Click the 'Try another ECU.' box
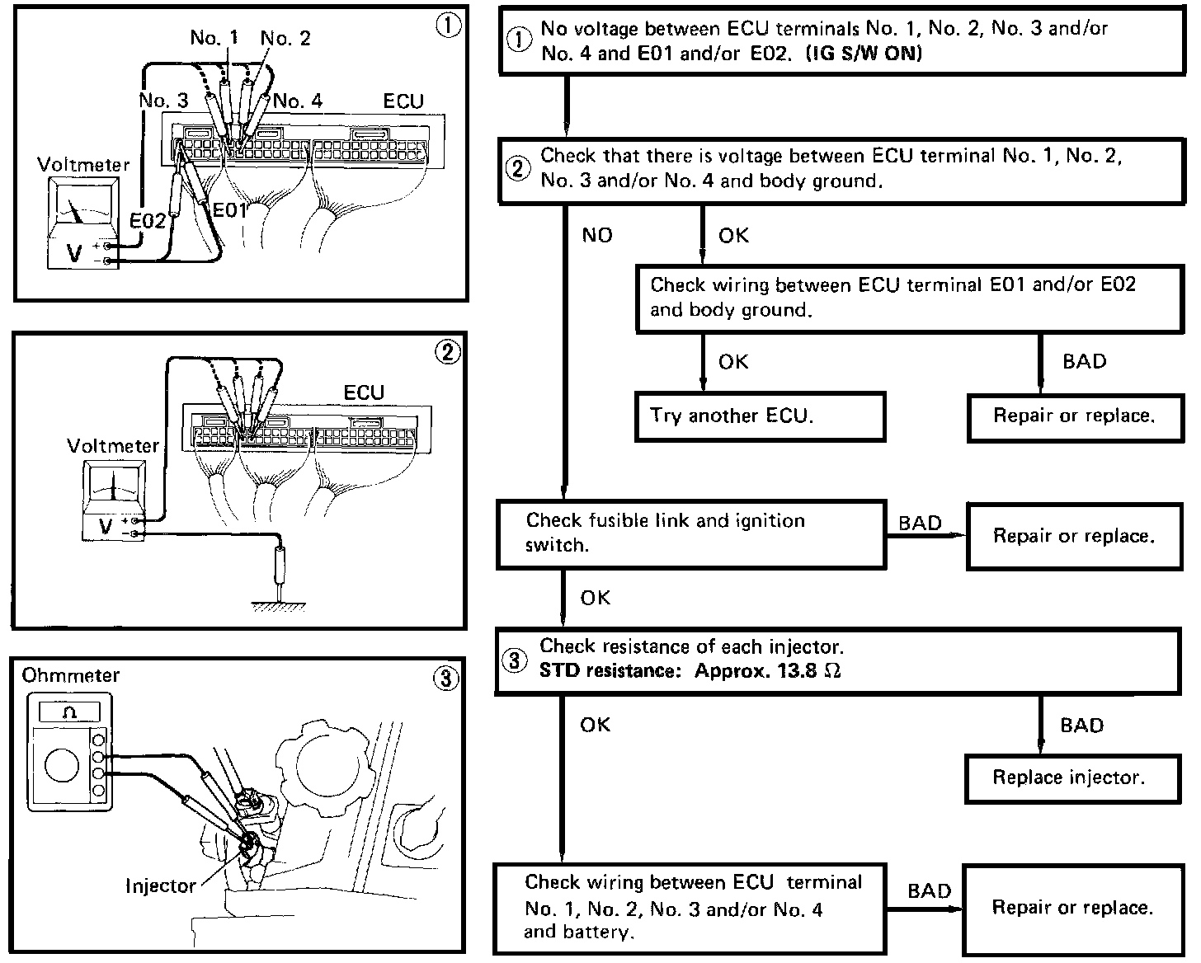click(x=760, y=416)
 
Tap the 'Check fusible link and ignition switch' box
click(x=691, y=533)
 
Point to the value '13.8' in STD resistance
click(x=797, y=670)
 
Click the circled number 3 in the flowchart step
click(x=515, y=661)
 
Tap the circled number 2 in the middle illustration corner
click(x=448, y=353)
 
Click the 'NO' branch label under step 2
click(x=597, y=236)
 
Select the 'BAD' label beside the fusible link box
click(x=920, y=524)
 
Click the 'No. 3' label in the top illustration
click(x=163, y=101)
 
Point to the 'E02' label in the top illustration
click(x=148, y=220)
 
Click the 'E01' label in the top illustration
click(x=230, y=210)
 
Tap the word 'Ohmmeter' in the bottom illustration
click(x=71, y=675)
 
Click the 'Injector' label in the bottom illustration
click(x=161, y=886)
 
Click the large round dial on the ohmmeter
click(x=62, y=766)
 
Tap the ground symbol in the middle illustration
click(x=281, y=606)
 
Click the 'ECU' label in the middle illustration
click(x=364, y=392)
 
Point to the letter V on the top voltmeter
click(x=74, y=253)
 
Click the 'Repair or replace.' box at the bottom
click(x=1071, y=908)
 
